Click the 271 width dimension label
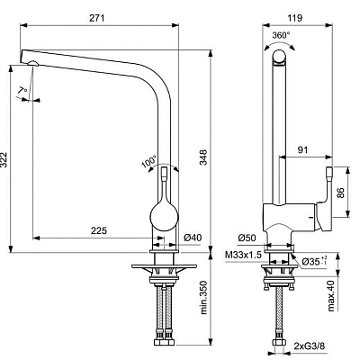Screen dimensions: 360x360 point(97,18)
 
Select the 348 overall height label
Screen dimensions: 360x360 point(203,157)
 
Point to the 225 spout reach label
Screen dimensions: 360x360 point(98,230)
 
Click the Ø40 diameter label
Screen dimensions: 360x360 point(193,238)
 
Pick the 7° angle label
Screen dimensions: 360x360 point(22,90)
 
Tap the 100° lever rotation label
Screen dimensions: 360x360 point(149,162)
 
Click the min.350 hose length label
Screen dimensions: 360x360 point(204,298)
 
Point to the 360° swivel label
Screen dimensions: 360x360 point(281,35)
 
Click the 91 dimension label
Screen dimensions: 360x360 point(302,149)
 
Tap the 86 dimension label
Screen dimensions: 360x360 point(341,193)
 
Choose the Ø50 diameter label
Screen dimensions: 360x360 point(247,238)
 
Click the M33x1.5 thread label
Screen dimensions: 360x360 point(243,255)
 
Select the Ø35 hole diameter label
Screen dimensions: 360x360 point(314,262)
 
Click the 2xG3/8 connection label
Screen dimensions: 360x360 point(309,346)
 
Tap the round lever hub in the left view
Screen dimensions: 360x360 point(165,216)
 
